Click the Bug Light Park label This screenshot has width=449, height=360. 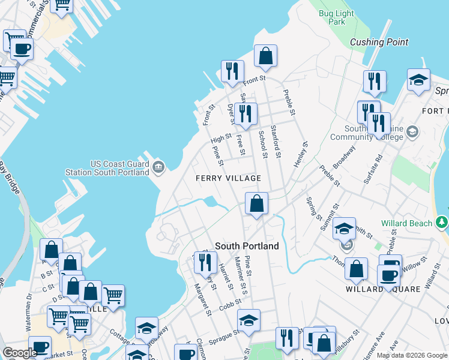point(332,17)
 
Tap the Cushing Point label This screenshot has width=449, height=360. point(379,42)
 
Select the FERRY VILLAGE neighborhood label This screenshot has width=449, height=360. point(228,178)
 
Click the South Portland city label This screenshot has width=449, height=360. point(247,246)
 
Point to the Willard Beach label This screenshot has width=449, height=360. point(408,223)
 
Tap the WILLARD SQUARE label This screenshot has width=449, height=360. point(381,289)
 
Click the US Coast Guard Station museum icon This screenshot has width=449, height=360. point(158,167)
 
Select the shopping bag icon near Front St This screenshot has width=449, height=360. point(265,56)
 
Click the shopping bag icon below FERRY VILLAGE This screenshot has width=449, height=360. point(256,203)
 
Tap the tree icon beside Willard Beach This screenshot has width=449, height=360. point(442,223)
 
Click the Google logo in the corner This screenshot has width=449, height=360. point(20,353)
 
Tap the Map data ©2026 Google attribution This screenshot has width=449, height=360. point(412,355)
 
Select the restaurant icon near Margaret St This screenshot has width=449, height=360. point(205,262)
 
